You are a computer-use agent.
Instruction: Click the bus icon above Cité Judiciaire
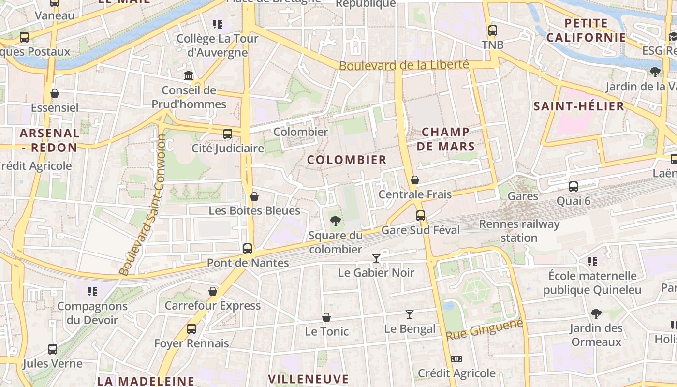click(227, 134)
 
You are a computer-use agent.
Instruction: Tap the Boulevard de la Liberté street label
click(404, 65)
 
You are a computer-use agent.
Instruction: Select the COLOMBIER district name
click(347, 160)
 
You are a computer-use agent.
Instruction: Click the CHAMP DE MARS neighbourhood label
click(445, 139)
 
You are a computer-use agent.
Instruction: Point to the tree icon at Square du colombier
click(335, 222)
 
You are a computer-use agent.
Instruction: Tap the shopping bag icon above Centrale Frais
click(414, 180)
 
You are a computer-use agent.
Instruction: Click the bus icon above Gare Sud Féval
click(421, 216)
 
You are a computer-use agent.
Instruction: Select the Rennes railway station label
click(519, 231)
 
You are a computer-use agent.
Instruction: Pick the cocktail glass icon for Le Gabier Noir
click(376, 258)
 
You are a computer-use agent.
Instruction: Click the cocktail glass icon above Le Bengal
click(410, 314)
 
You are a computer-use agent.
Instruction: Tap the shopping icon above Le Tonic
click(326, 317)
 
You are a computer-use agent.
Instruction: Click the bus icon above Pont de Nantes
click(248, 249)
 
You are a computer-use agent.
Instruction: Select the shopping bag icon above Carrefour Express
click(212, 291)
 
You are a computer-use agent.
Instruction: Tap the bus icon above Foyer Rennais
click(191, 329)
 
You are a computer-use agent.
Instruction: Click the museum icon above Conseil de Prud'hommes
click(189, 76)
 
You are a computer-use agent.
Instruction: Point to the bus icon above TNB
click(492, 30)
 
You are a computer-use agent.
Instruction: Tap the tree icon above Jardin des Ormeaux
click(596, 313)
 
